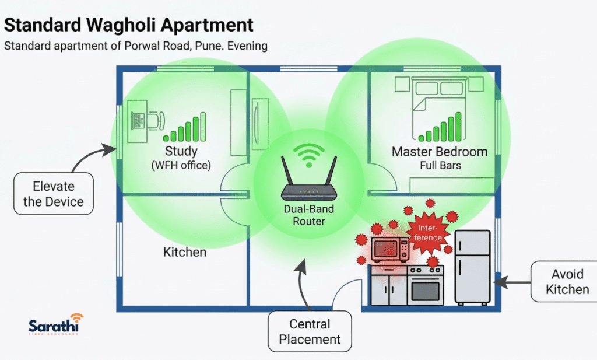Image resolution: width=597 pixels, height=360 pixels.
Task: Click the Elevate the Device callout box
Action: click(x=54, y=194)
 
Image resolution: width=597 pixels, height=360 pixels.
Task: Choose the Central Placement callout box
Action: click(x=310, y=331)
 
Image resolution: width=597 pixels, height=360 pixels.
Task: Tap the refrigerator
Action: click(x=472, y=267)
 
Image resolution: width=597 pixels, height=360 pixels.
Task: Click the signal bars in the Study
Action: click(x=185, y=128)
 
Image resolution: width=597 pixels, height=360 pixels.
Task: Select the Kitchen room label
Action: click(x=184, y=252)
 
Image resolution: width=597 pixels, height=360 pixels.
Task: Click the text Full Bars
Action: click(x=440, y=166)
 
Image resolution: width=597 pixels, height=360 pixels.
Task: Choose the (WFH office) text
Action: click(x=181, y=166)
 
